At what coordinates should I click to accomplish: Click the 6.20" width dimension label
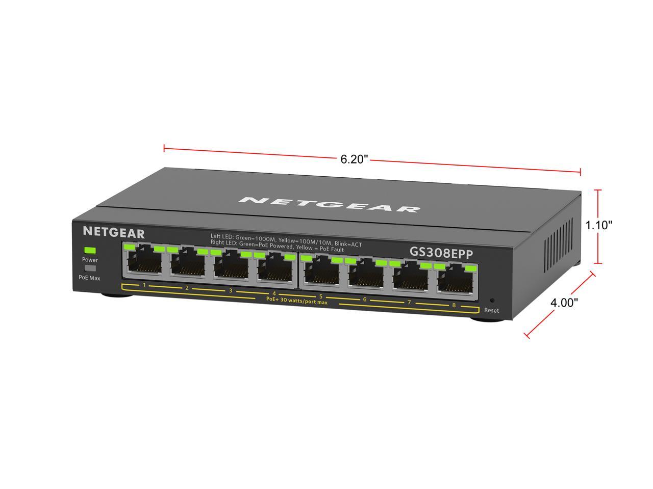pyautogui.click(x=354, y=159)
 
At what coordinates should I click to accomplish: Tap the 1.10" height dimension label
pyautogui.click(x=598, y=225)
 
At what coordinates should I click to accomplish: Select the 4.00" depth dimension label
pyautogui.click(x=564, y=303)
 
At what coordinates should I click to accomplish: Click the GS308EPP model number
pyautogui.click(x=441, y=252)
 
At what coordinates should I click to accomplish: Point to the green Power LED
pyautogui.click(x=90, y=250)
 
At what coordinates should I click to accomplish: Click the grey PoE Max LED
pyautogui.click(x=90, y=268)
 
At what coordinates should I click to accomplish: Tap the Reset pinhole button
pyautogui.click(x=492, y=301)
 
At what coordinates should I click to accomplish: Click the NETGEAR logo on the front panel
pyautogui.click(x=114, y=233)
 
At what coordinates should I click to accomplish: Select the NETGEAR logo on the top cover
pyautogui.click(x=329, y=204)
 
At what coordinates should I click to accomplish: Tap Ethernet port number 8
pyautogui.click(x=455, y=280)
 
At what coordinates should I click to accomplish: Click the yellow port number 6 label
pyautogui.click(x=364, y=300)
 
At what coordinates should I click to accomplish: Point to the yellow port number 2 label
pyautogui.click(x=187, y=288)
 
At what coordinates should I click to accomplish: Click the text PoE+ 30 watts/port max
pyautogui.click(x=296, y=302)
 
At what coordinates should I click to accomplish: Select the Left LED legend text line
pyautogui.click(x=286, y=237)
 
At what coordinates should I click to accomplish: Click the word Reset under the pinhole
pyautogui.click(x=492, y=310)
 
